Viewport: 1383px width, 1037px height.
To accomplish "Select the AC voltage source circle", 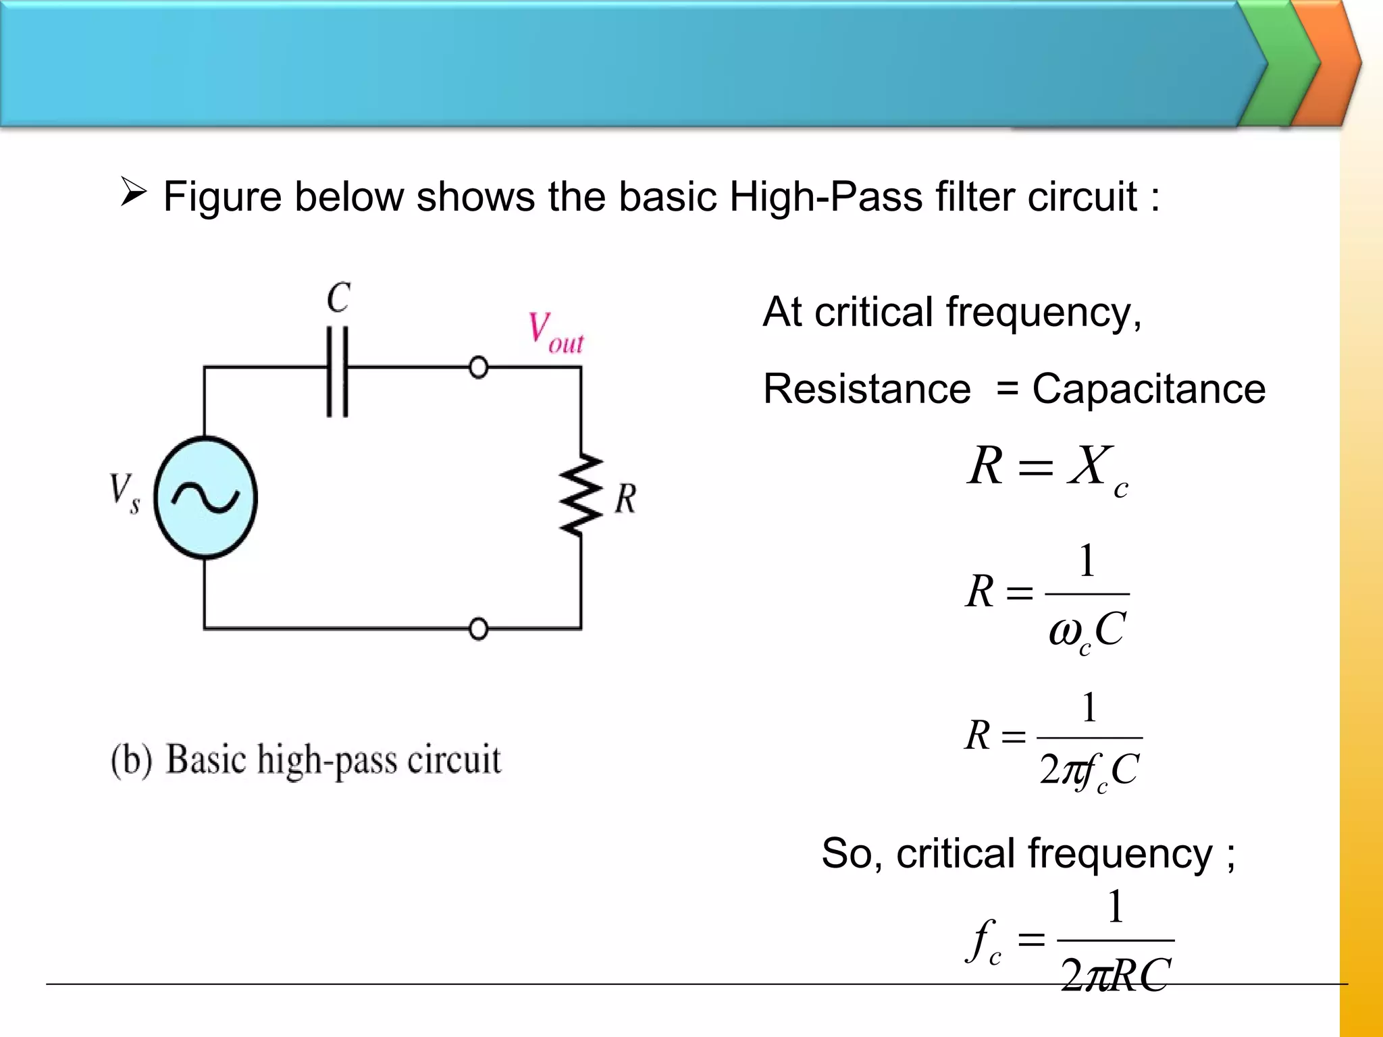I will point(205,498).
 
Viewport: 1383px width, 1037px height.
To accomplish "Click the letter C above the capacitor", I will point(338,298).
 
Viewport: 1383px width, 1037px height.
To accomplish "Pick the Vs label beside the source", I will point(125,493).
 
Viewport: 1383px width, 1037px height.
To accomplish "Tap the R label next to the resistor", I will point(625,500).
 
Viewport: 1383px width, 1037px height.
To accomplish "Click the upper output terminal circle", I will point(478,368).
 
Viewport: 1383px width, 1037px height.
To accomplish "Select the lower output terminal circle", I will point(478,629).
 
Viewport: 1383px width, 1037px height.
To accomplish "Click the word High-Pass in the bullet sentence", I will point(825,197).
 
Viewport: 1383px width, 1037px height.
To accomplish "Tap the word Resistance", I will point(867,390).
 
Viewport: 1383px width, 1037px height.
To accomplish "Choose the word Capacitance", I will point(1149,390).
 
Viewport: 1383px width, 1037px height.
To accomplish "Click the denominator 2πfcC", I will point(1089,770).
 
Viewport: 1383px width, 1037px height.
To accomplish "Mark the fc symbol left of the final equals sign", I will point(985,940).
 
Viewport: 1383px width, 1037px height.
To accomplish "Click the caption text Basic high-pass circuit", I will point(333,760).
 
